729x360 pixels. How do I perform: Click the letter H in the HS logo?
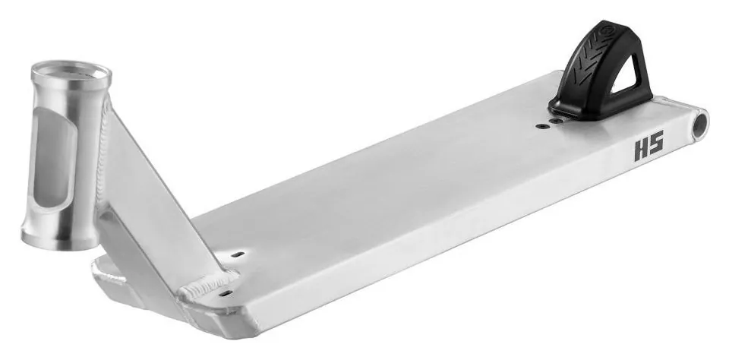pyautogui.click(x=642, y=152)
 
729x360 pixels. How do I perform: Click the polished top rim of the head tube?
pyautogui.click(x=71, y=74)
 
